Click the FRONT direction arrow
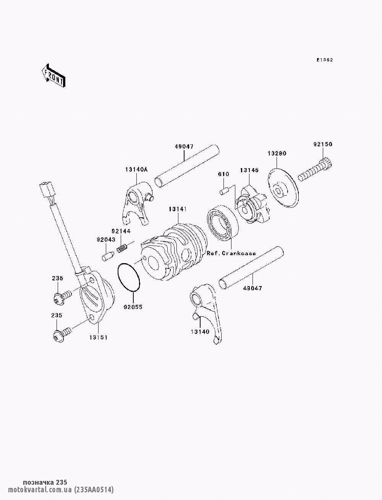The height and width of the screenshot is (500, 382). (x=54, y=76)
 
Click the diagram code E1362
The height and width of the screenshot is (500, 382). (x=325, y=60)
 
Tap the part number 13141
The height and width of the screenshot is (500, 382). (x=178, y=209)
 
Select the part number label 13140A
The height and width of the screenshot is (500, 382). (x=136, y=170)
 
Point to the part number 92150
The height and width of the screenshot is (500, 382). (x=323, y=144)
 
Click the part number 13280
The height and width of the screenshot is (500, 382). (x=277, y=153)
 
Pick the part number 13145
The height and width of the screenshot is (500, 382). (x=249, y=170)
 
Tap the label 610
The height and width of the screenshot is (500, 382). (x=223, y=174)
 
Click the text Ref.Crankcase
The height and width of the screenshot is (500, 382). (x=231, y=253)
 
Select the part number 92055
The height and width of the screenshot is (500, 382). (x=133, y=307)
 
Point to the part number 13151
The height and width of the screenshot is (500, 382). (x=98, y=337)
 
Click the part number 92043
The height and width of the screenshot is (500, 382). (x=106, y=239)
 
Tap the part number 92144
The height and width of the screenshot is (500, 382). (x=121, y=231)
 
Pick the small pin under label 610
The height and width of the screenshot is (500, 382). (x=224, y=191)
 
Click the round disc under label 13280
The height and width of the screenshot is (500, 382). (x=283, y=188)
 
